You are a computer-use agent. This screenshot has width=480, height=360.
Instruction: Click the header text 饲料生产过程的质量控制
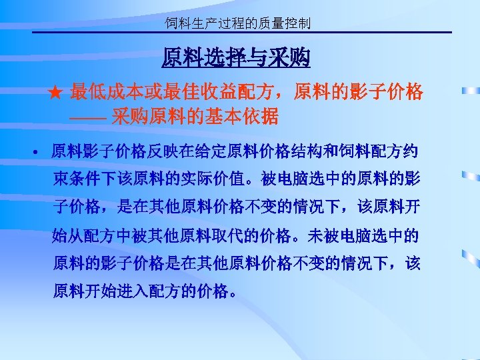click(x=238, y=25)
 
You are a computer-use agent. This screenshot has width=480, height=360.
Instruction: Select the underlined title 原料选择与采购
click(x=236, y=59)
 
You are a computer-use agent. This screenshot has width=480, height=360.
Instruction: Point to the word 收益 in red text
click(x=235, y=91)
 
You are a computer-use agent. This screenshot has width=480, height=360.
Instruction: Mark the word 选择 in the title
click(x=218, y=59)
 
